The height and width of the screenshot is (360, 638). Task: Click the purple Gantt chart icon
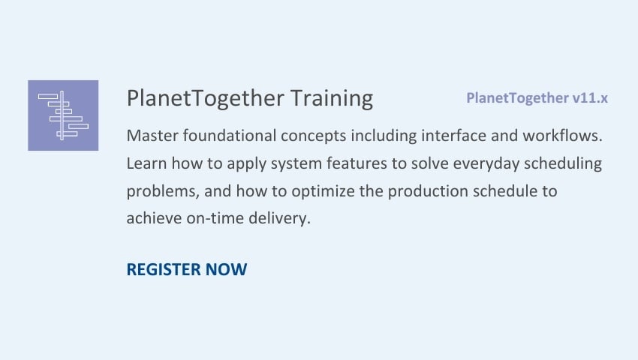tap(63, 115)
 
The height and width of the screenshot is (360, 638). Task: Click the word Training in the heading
tap(332, 99)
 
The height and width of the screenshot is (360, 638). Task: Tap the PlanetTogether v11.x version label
tap(537, 98)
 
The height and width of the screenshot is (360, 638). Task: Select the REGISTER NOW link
tap(187, 269)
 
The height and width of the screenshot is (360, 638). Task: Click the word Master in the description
tap(152, 136)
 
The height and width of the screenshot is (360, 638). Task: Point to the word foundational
tap(230, 136)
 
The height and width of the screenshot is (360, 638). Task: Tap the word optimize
tap(323, 192)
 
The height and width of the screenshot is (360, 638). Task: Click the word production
tap(428, 192)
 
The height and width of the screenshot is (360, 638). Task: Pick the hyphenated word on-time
tap(215, 218)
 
